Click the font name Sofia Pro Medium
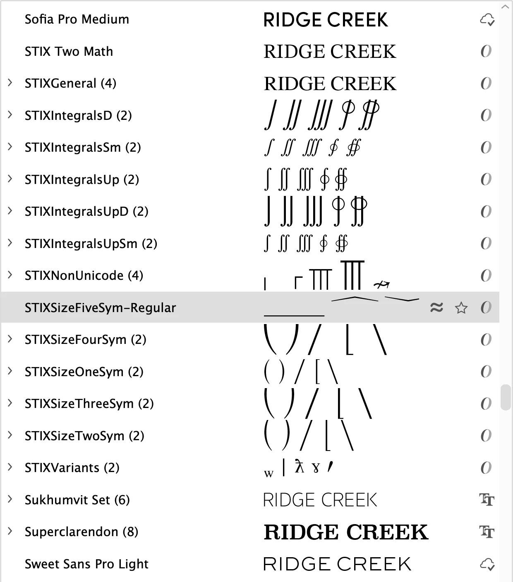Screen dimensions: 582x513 (77, 19)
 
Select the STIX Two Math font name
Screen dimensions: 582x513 (69, 52)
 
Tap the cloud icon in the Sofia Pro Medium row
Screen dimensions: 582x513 (487, 19)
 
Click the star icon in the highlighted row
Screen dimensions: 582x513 (461, 308)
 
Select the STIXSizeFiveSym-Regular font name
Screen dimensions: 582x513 (100, 308)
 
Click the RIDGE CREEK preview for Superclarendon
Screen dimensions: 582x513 (346, 532)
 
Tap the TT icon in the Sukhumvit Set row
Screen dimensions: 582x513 (487, 500)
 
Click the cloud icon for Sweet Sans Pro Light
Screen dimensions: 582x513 (487, 564)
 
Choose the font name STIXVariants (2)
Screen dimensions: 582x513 (72, 468)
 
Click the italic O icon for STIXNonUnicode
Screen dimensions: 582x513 (486, 275)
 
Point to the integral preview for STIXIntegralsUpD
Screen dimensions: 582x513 (315, 211)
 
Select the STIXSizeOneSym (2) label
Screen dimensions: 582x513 (84, 372)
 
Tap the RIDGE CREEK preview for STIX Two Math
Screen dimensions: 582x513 (330, 52)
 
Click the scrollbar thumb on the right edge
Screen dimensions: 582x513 (505, 397)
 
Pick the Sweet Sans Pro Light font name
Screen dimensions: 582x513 (86, 564)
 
